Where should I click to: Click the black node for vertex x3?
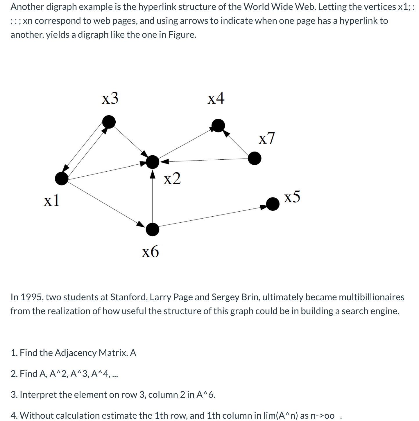(109, 122)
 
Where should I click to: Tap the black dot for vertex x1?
(62, 178)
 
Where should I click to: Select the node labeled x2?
(153, 162)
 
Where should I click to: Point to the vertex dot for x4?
(218, 125)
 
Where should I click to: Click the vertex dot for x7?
(255, 159)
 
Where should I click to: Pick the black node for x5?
(273, 204)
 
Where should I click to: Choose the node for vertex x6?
(153, 230)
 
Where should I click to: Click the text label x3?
(110, 98)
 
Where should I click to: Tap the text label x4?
(216, 98)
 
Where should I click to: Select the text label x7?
(266, 138)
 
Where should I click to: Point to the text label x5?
(292, 197)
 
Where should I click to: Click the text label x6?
(150, 251)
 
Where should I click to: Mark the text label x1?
(52, 200)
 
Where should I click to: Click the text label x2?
(172, 178)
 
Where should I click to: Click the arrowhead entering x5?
(264, 207)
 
